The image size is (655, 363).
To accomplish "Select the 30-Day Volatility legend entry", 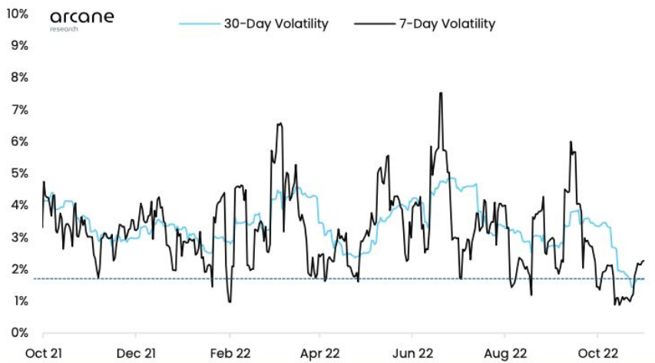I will point(254,24).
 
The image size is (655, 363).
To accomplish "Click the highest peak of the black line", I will point(441,93).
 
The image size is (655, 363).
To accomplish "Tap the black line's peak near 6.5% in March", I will point(280,124).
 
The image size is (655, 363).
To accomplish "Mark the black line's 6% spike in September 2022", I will point(571,142).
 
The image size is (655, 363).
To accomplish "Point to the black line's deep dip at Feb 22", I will point(229,302).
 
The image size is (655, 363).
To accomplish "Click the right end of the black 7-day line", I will point(643,261).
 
